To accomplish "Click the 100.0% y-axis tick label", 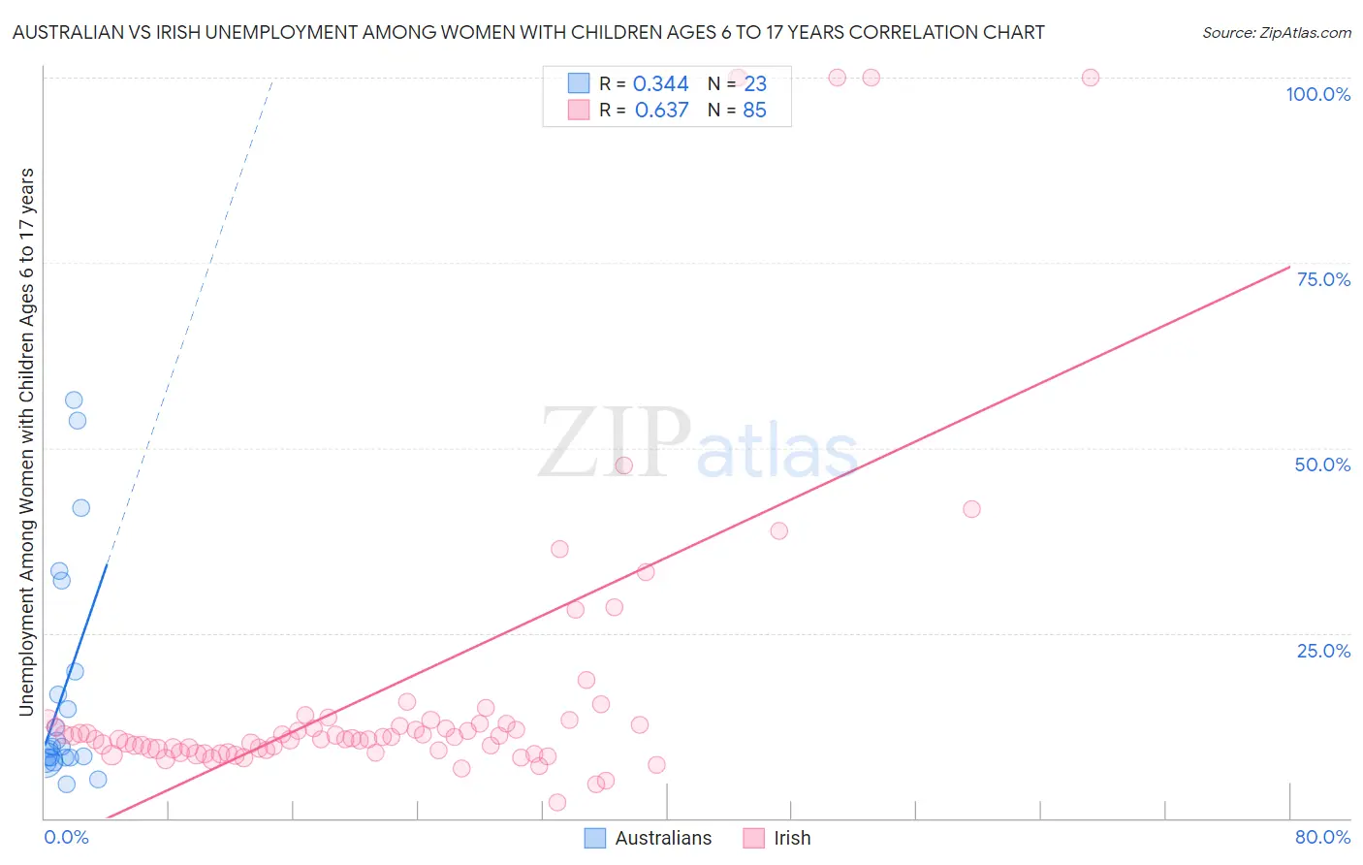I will click(x=1317, y=94).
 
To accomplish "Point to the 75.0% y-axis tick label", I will click(x=1323, y=279).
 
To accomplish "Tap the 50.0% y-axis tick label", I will click(x=1322, y=465).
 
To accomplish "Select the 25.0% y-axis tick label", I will click(x=1323, y=650).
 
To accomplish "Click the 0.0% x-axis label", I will click(x=66, y=837).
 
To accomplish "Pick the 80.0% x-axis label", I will click(x=1322, y=837).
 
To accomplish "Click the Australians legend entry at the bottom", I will click(x=663, y=838).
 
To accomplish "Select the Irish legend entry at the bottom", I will click(x=792, y=838).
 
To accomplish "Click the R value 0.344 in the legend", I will click(x=660, y=84).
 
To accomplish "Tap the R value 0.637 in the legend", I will click(x=661, y=111).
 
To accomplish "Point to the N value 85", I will click(x=754, y=111).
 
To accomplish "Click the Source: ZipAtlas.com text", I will click(x=1276, y=33).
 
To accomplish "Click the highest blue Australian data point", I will click(x=74, y=400).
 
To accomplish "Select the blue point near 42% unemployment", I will click(x=81, y=508).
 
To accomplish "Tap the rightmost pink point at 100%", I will click(x=1091, y=78).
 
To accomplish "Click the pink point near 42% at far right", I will click(x=971, y=509).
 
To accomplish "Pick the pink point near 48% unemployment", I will click(x=624, y=465).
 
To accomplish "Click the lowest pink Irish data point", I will click(x=557, y=802).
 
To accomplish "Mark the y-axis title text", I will click(x=26, y=441).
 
